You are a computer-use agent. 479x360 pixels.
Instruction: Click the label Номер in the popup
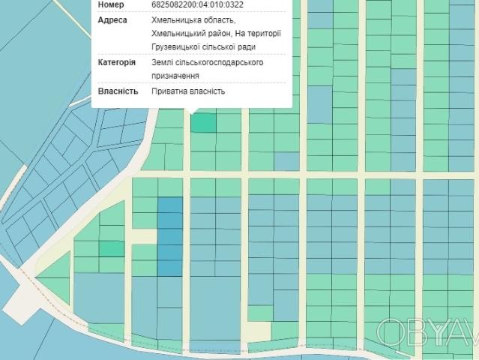(x=111, y=4)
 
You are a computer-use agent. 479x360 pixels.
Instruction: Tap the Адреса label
(x=112, y=20)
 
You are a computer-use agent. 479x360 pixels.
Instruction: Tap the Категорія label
(x=116, y=63)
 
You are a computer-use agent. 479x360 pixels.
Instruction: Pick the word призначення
(x=175, y=76)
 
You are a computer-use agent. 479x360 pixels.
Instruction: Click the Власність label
(x=118, y=91)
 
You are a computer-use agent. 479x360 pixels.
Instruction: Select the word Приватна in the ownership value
(x=169, y=91)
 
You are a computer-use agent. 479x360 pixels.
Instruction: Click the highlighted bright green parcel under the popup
(x=202, y=123)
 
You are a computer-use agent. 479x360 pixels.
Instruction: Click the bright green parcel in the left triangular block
(x=112, y=248)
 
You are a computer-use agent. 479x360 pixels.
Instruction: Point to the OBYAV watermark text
(x=427, y=331)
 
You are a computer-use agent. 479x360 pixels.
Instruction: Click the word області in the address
(x=218, y=20)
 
